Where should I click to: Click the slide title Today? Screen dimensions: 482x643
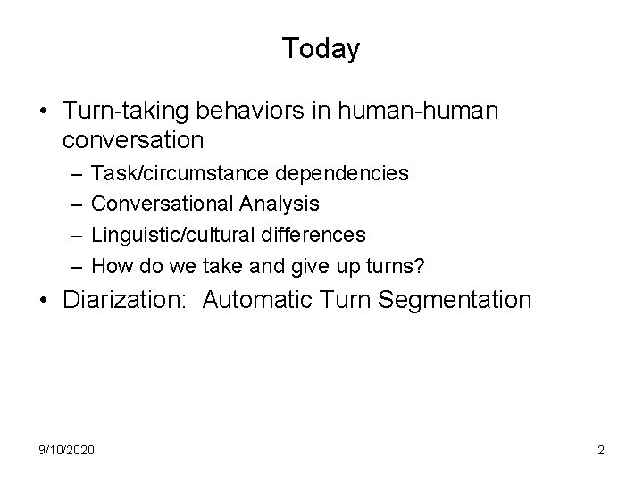click(x=321, y=48)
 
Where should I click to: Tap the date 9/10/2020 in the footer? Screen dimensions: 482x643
click(x=67, y=450)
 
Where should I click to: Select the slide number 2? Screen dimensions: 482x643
click(x=601, y=450)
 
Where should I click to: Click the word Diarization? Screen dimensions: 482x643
click(x=124, y=300)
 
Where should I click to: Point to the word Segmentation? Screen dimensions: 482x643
click(x=455, y=300)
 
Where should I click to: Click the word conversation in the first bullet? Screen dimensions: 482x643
click(x=134, y=141)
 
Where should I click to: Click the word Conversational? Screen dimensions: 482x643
click(x=163, y=204)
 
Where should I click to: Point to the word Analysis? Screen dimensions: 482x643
click(x=279, y=204)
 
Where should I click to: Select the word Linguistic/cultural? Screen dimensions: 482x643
click(x=169, y=234)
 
